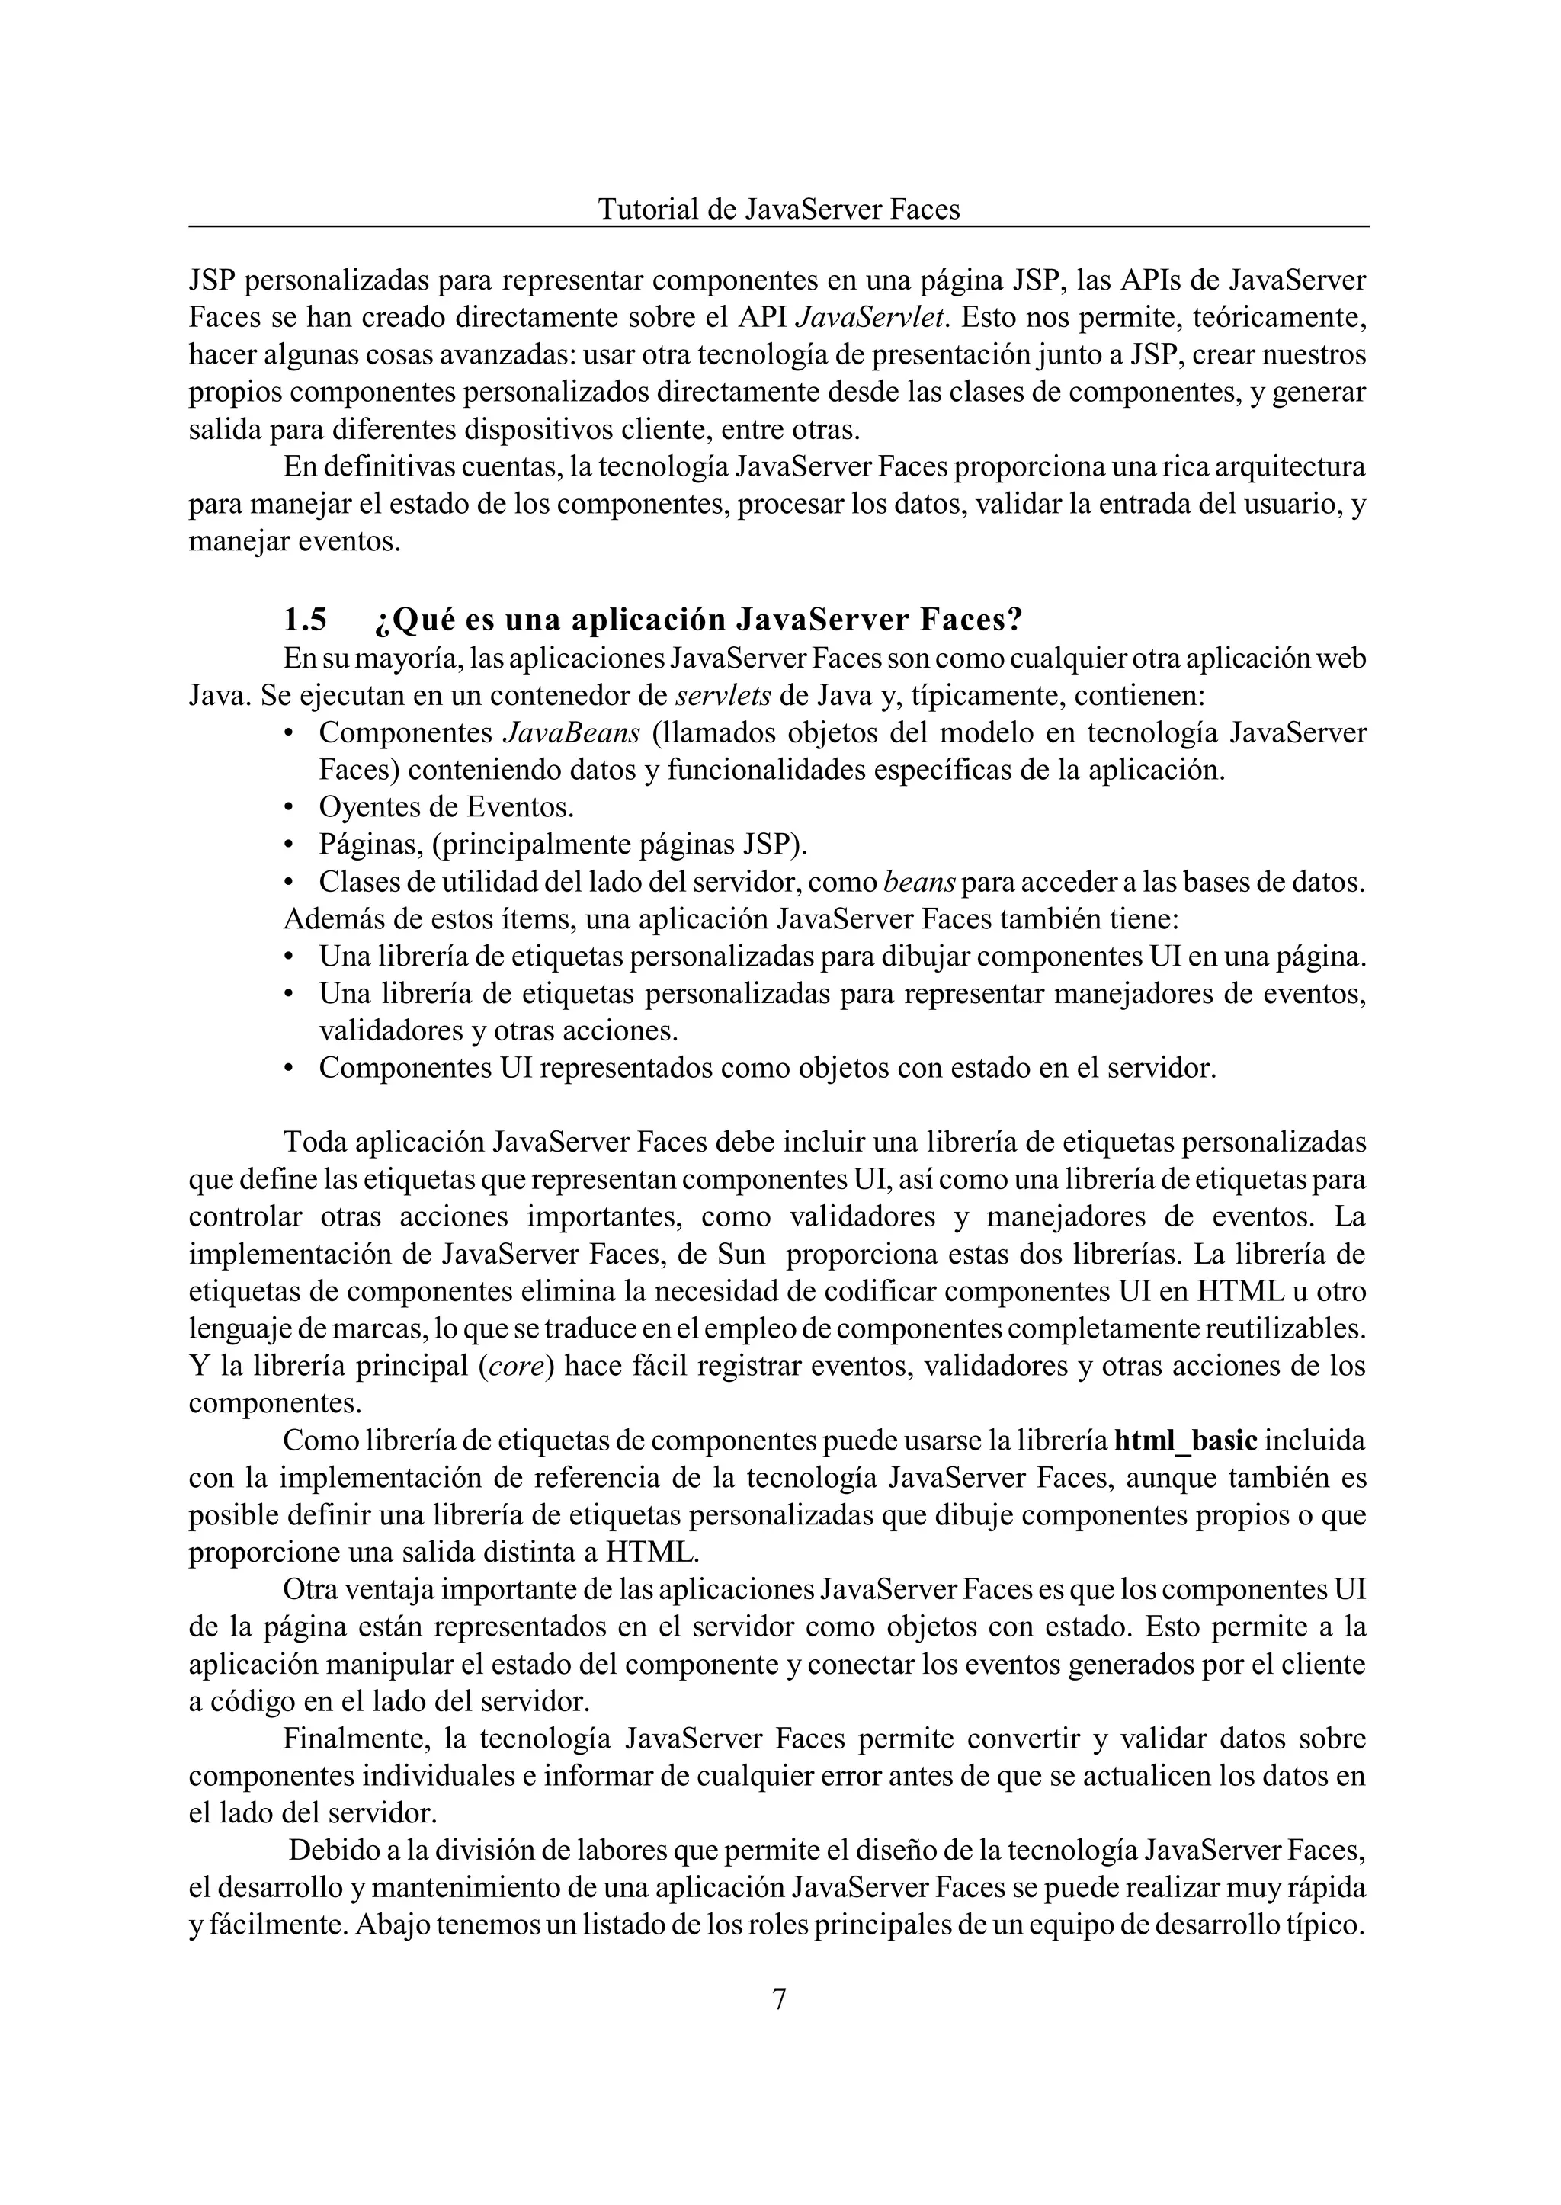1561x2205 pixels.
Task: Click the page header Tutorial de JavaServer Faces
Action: click(x=778, y=210)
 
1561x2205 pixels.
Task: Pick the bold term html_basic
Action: click(x=1186, y=1442)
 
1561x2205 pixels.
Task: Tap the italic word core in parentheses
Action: click(x=516, y=1367)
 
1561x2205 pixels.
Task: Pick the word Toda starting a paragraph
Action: click(x=314, y=1143)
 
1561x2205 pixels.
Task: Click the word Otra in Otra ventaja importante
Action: click(x=313, y=1591)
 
